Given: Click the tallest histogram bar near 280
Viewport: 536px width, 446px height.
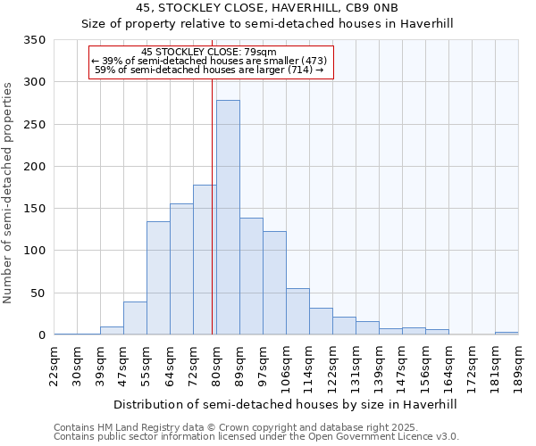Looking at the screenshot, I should click(x=228, y=218).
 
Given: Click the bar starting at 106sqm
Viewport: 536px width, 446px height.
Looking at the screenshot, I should click(x=297, y=311).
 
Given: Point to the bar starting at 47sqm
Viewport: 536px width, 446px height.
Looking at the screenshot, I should click(x=135, y=318).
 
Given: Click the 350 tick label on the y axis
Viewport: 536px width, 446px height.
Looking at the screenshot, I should click(x=35, y=40).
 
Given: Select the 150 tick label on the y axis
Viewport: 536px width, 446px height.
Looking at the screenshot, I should click(x=35, y=209).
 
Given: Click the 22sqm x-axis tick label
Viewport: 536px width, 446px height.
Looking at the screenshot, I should click(x=54, y=365).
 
